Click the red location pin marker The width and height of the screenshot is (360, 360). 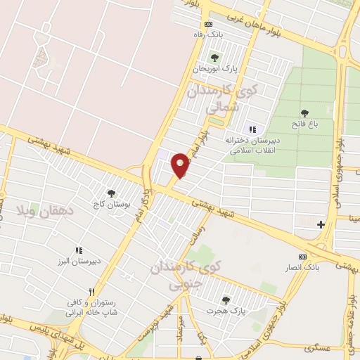[x=181, y=165]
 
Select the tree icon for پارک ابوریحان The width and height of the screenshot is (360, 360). [x=214, y=58]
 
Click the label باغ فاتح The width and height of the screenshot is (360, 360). [x=305, y=124]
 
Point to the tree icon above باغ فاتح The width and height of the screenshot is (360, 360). [x=305, y=112]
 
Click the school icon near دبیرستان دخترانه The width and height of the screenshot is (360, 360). [x=252, y=129]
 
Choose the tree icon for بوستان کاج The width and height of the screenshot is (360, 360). [x=110, y=193]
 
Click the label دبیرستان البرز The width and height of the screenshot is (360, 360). [x=79, y=261]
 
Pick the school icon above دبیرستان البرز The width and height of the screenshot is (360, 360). [x=79, y=250]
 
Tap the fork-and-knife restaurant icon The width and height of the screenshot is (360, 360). [x=91, y=292]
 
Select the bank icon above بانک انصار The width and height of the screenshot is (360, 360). [x=303, y=257]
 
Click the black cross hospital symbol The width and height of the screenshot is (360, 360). [x=321, y=225]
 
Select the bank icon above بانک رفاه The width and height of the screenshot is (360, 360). [x=207, y=23]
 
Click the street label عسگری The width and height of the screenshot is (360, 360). [x=309, y=348]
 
